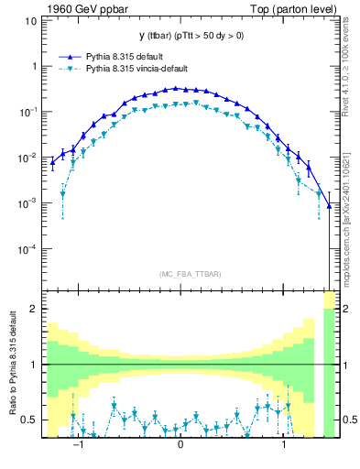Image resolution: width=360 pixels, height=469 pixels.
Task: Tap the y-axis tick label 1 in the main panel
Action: [x=32, y=66]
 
